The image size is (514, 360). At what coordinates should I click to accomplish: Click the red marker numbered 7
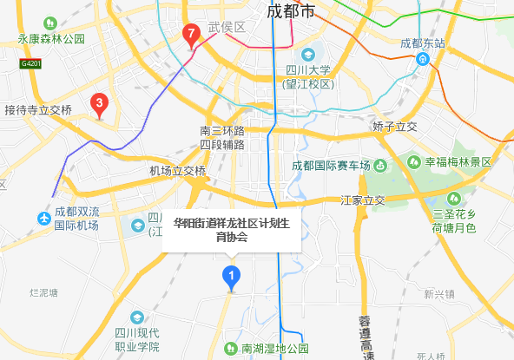point(190,36)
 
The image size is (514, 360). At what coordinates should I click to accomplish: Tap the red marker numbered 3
point(100,106)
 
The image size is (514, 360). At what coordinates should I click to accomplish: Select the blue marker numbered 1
point(231,276)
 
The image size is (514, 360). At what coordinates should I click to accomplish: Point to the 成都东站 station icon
point(422,59)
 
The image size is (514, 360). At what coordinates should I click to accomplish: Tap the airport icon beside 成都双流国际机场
point(43,218)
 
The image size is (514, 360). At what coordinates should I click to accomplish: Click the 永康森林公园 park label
point(52,39)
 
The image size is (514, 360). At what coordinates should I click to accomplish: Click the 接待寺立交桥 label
point(38,110)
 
